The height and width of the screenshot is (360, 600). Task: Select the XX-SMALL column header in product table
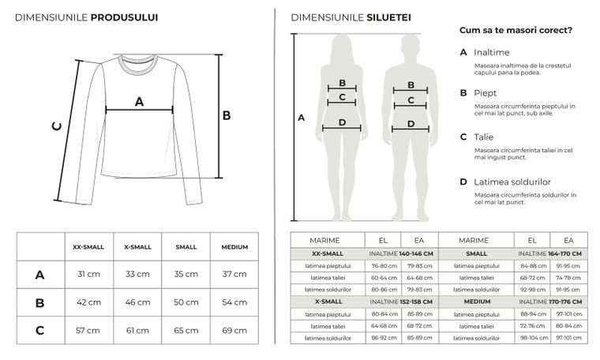[88, 247]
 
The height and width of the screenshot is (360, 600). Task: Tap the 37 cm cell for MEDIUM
[234, 274]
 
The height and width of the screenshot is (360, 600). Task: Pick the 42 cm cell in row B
[88, 302]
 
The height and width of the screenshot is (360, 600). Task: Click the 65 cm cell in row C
[186, 329]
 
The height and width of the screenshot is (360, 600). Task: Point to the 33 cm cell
[137, 274]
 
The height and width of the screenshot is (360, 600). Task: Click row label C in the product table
[39, 329]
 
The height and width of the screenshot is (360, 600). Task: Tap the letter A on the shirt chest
[140, 100]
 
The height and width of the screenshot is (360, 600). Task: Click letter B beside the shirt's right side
[226, 115]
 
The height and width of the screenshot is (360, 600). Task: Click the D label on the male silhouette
[411, 123]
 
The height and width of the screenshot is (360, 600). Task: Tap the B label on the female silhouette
[342, 83]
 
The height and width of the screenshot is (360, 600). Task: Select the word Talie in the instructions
[483, 137]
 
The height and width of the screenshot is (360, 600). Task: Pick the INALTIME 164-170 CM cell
[551, 253]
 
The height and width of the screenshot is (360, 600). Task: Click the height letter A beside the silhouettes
[301, 118]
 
